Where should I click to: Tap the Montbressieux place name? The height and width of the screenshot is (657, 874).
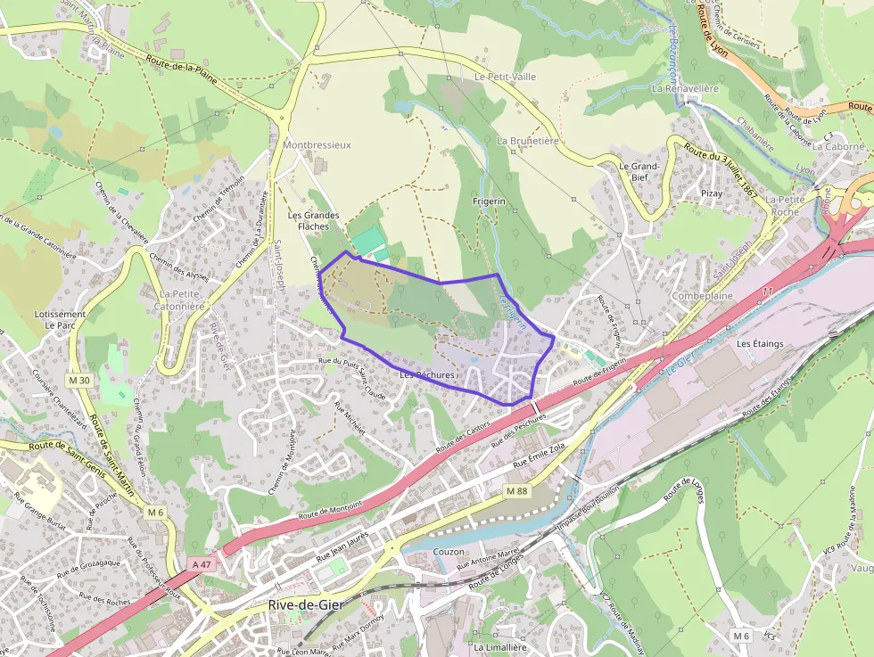pyautogui.click(x=317, y=144)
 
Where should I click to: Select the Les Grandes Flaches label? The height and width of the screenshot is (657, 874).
pyautogui.click(x=313, y=221)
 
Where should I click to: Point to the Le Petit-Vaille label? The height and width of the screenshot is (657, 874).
pyautogui.click(x=505, y=77)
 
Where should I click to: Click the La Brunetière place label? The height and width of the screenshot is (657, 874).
pyautogui.click(x=528, y=141)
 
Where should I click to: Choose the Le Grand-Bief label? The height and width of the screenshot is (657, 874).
pyautogui.click(x=639, y=171)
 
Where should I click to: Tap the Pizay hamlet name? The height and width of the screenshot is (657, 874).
pyautogui.click(x=712, y=193)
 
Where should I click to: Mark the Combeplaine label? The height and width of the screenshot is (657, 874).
pyautogui.click(x=703, y=295)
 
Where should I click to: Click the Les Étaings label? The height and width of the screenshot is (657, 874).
pyautogui.click(x=759, y=343)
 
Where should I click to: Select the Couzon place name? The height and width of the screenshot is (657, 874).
pyautogui.click(x=448, y=552)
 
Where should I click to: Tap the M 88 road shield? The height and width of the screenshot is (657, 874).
pyautogui.click(x=516, y=491)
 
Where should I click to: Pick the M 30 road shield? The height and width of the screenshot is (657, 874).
pyautogui.click(x=79, y=381)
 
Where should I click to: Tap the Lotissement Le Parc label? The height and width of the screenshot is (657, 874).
pyautogui.click(x=60, y=319)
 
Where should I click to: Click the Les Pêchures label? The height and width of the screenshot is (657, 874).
pyautogui.click(x=427, y=375)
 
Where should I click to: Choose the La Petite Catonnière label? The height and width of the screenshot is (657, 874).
pyautogui.click(x=183, y=300)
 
